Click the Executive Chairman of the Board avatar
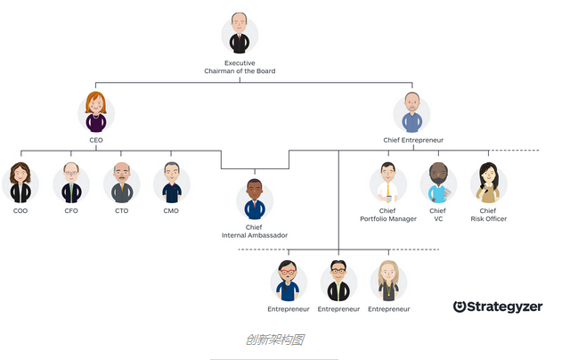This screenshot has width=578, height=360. point(240,34)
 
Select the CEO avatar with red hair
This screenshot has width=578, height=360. point(96,112)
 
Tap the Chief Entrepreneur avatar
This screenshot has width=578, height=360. point(411,113)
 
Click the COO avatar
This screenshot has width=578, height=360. point(20,183)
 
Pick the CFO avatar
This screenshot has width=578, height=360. point(71,183)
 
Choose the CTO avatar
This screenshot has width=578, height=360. point(121,183)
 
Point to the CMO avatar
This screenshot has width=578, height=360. point(171,183)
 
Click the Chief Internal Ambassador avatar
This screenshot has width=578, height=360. point(255,200)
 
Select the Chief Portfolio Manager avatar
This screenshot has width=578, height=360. point(387,183)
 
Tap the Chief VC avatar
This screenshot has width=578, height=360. point(437,183)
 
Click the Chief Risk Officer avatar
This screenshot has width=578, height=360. point(488,183)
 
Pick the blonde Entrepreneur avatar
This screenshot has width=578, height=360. point(388,281)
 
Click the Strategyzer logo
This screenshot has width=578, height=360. point(497,307)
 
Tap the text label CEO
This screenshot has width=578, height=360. point(96,140)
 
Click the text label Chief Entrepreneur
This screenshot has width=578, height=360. point(412,140)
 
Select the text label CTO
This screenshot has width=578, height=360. point(121,211)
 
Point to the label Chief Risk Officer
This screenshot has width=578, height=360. point(488,215)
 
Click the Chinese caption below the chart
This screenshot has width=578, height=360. point(276,340)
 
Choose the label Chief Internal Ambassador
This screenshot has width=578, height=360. point(255,232)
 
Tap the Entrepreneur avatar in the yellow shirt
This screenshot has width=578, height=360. point(338,281)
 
